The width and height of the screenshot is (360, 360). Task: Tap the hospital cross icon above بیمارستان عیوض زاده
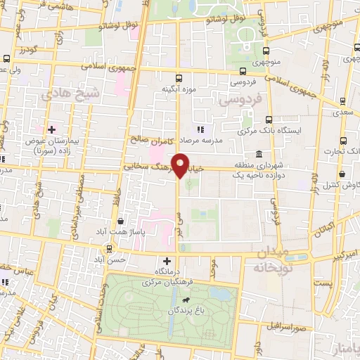tap(51, 129)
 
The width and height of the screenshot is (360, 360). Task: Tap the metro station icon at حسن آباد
tap(109, 248)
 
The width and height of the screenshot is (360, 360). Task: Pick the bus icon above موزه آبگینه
tap(179, 79)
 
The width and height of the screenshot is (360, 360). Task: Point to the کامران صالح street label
tap(150, 139)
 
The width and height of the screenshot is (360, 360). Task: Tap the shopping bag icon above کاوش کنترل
tap(341, 174)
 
